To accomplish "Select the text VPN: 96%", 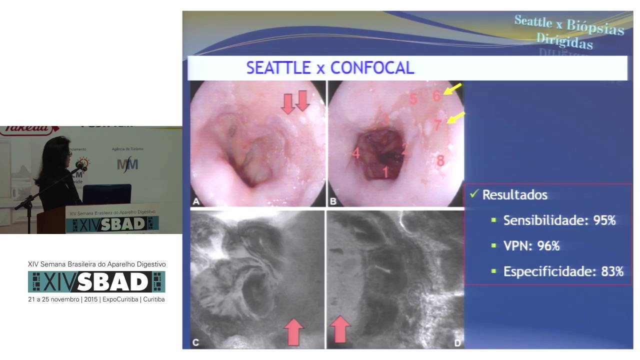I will [x=531, y=246].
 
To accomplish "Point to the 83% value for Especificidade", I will [x=611, y=271].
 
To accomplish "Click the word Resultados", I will [x=514, y=194].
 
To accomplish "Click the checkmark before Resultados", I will [x=473, y=193].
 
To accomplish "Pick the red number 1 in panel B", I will [x=385, y=172].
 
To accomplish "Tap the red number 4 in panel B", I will [x=355, y=153].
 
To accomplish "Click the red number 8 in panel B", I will [x=440, y=161].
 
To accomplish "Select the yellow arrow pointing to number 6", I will [x=453, y=90].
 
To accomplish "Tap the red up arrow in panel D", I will [x=339, y=328].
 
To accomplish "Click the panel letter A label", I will [x=196, y=201].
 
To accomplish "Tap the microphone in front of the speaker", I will [x=80, y=164].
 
